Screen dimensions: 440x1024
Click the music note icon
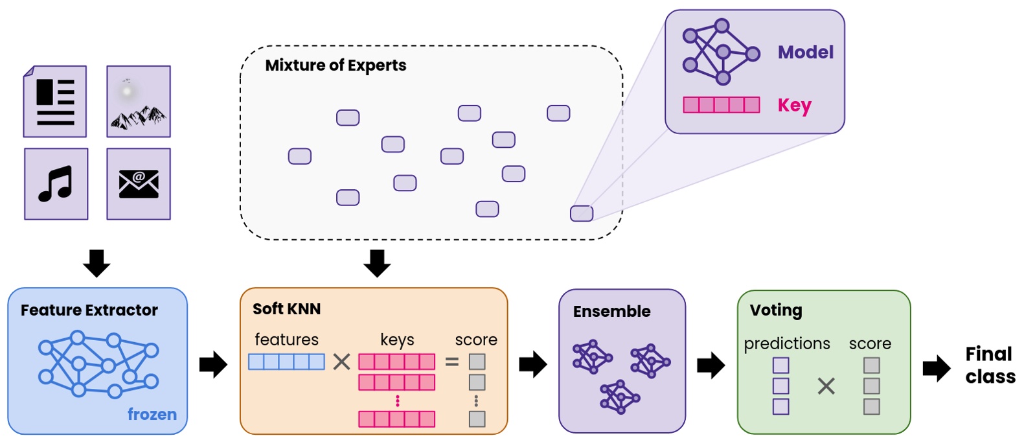56,184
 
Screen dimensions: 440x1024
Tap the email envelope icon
139,184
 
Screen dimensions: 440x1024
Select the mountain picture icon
139,102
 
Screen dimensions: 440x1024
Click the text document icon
55,102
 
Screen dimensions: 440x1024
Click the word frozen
152,414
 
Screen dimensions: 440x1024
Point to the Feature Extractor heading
89,310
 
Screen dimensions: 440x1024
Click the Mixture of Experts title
336,65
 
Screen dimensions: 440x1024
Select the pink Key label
794,105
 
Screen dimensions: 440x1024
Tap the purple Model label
805,52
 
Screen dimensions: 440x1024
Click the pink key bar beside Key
721,105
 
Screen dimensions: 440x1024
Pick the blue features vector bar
286,362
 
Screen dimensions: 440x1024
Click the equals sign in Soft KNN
452,362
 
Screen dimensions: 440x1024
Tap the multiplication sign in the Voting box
826,387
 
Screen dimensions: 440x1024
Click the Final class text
990,365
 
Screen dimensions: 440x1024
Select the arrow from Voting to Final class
936,368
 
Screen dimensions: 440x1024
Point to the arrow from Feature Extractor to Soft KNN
213,365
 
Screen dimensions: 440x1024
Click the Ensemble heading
611,312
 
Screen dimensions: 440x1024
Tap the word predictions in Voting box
786,343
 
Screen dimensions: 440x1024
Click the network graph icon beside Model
720,52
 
